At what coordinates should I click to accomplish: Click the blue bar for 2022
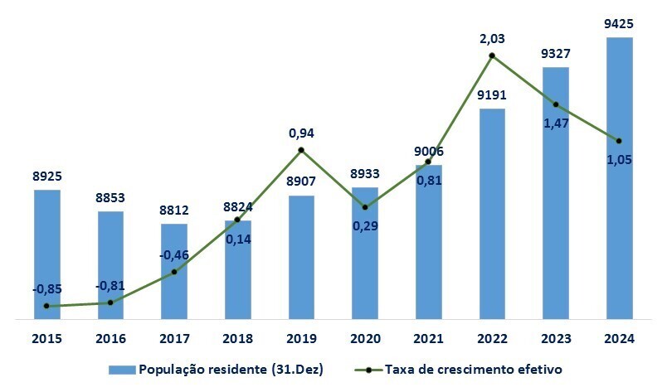click(x=492, y=213)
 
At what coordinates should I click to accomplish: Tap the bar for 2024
click(x=620, y=177)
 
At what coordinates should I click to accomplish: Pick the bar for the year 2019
click(x=301, y=257)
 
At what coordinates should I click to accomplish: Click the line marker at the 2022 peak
click(x=492, y=56)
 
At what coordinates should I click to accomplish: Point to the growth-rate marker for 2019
click(x=301, y=150)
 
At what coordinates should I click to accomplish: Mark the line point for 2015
click(x=46, y=306)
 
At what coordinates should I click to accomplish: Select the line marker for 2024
click(x=619, y=140)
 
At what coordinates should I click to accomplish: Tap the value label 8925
click(x=46, y=176)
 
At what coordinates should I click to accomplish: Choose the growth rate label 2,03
click(x=492, y=38)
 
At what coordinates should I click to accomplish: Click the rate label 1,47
click(x=556, y=122)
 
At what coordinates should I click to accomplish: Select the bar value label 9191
click(x=492, y=94)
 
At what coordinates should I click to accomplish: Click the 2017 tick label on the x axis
click(x=174, y=339)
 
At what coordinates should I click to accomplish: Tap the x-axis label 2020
click(x=365, y=339)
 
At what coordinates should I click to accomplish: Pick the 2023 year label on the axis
click(x=556, y=339)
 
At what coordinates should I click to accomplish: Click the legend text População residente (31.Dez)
click(x=231, y=369)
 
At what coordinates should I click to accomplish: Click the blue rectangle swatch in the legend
click(x=120, y=369)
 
